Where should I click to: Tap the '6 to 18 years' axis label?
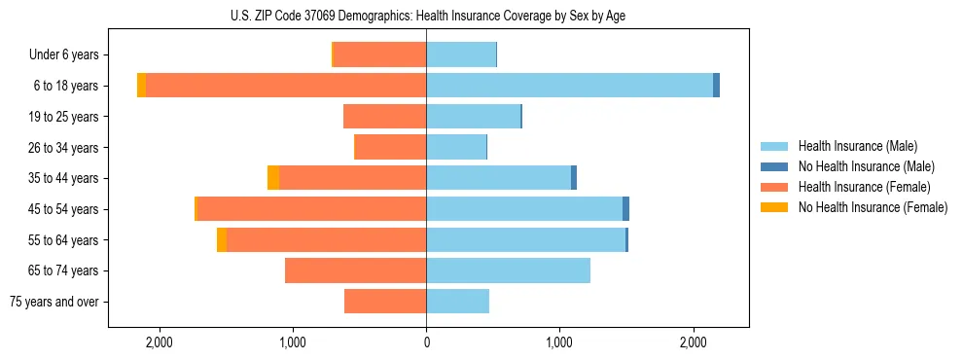66,86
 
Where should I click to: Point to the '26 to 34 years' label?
63,148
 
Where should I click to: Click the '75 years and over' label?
54,302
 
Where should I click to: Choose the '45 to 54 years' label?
63,209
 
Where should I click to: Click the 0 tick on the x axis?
426,342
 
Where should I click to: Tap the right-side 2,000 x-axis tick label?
693,342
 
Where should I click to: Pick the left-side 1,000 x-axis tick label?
293,342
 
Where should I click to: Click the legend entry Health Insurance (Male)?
857,146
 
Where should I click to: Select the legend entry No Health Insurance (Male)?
866,166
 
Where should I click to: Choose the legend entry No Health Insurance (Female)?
872,207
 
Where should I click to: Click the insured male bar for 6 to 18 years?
569,86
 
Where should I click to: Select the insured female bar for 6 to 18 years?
286,86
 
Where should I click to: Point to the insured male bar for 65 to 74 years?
508,270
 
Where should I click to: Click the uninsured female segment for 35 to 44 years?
273,178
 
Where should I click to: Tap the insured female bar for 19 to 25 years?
384,117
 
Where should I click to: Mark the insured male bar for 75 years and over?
457,302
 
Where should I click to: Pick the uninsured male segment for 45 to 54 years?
625,209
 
